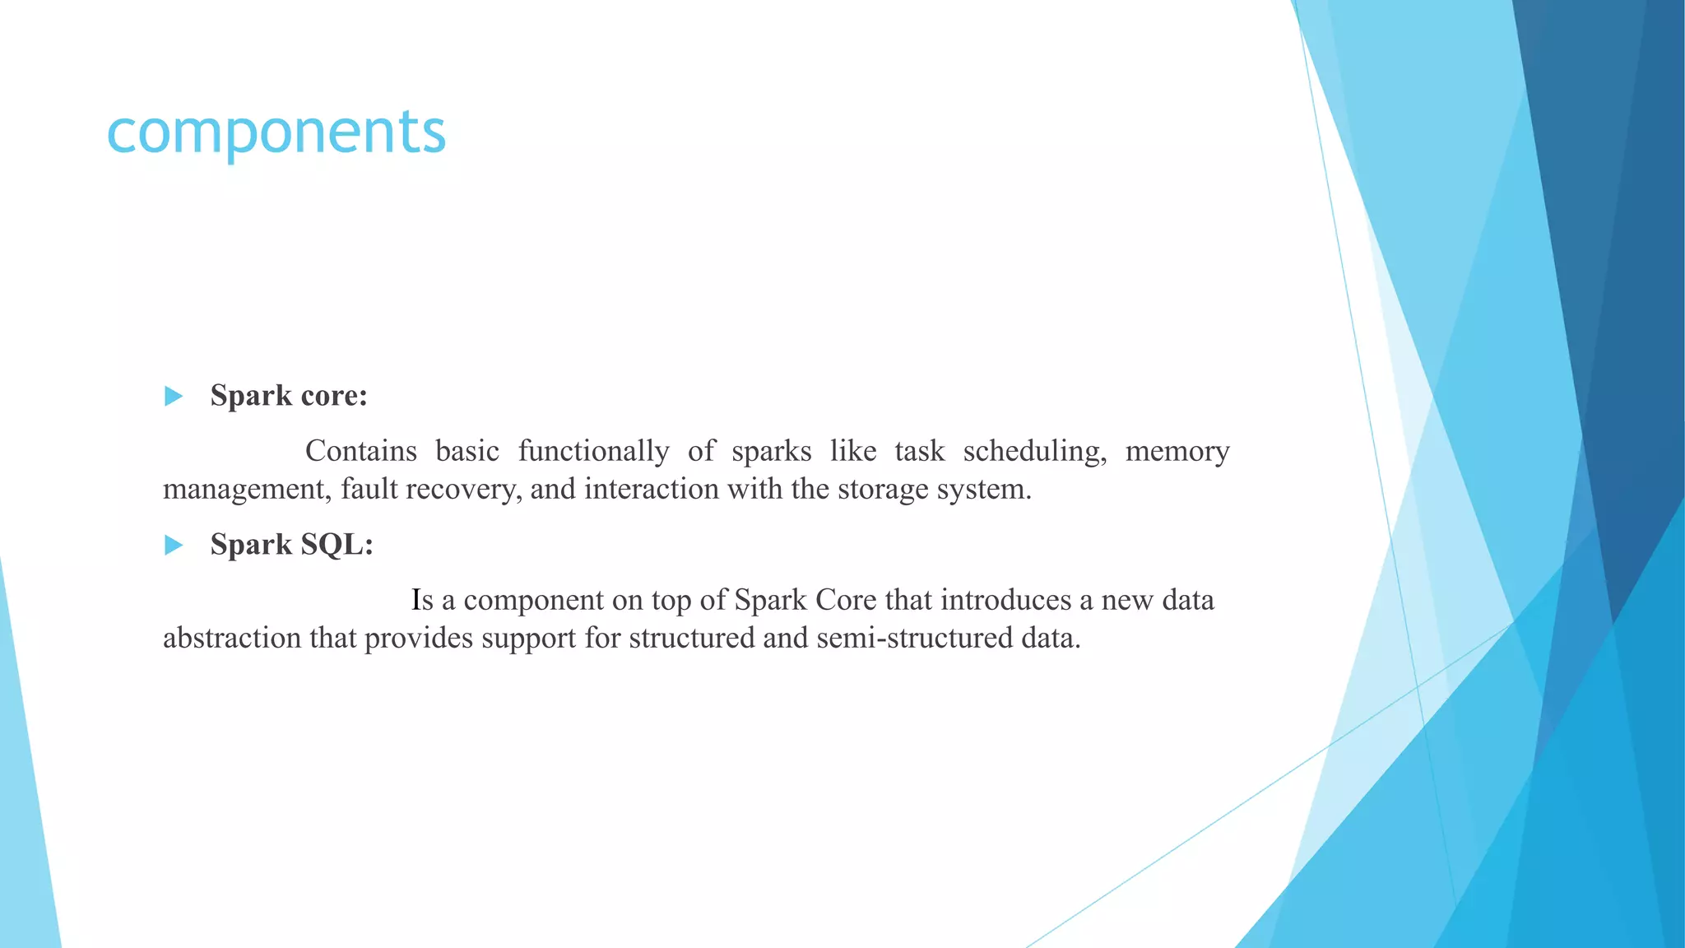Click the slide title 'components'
(276, 132)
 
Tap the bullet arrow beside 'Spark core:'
(173, 397)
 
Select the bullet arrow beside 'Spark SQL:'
(173, 545)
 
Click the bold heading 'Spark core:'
(289, 396)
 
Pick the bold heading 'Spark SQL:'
(292, 545)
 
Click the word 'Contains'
(361, 451)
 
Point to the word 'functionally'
(593, 452)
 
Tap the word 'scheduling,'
(1034, 452)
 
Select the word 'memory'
(1177, 452)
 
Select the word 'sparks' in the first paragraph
(771, 452)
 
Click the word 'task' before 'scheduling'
(920, 451)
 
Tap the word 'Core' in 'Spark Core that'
(846, 600)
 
